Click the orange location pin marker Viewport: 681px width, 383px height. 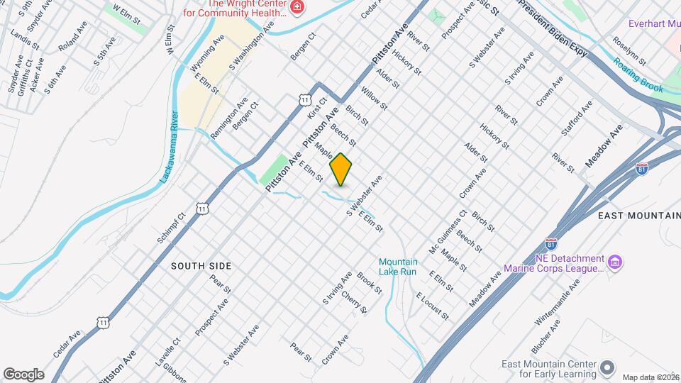pyautogui.click(x=340, y=170)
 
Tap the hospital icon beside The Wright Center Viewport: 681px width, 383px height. pyautogui.click(x=297, y=8)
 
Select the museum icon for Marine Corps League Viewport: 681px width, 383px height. pyautogui.click(x=616, y=264)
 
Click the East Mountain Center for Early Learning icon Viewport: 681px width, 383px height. pyautogui.click(x=607, y=367)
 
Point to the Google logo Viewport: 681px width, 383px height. pyautogui.click(x=23, y=374)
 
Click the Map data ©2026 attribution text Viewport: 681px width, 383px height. pyautogui.click(x=650, y=377)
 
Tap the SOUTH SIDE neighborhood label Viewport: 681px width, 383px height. pyautogui.click(x=201, y=266)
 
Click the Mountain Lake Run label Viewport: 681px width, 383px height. pyautogui.click(x=398, y=267)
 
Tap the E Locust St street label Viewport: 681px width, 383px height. pyautogui.click(x=433, y=305)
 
